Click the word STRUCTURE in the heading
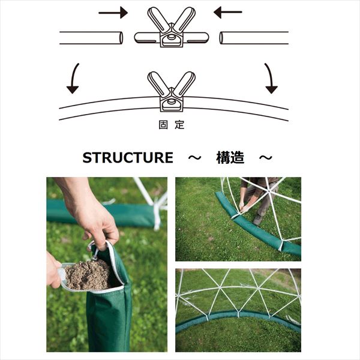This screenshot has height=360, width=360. (x=128, y=157)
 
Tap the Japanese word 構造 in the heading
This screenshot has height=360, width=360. (x=230, y=157)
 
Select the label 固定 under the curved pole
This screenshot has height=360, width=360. (x=172, y=125)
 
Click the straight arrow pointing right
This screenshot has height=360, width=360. (x=113, y=13)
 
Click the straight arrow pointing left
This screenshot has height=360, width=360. (x=228, y=12)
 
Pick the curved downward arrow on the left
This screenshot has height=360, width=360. (x=74, y=78)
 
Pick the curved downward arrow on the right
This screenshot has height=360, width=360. (x=270, y=78)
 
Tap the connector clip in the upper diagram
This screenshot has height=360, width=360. (x=172, y=28)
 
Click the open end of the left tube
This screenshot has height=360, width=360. (x=121, y=38)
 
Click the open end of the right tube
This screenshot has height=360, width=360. (x=221, y=38)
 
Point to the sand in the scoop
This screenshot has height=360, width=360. (x=88, y=275)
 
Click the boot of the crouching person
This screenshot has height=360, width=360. (x=258, y=220)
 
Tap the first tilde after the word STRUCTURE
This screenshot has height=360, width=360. (x=194, y=158)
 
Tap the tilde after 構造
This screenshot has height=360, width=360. (x=266, y=158)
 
